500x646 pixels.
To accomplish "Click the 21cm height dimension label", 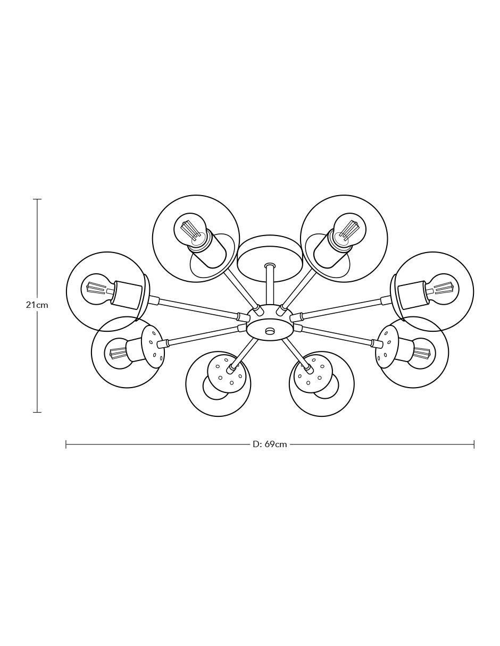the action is (37, 305).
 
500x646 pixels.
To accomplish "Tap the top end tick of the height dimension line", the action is (37, 199).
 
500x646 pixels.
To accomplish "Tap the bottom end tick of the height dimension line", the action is (37, 412).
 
